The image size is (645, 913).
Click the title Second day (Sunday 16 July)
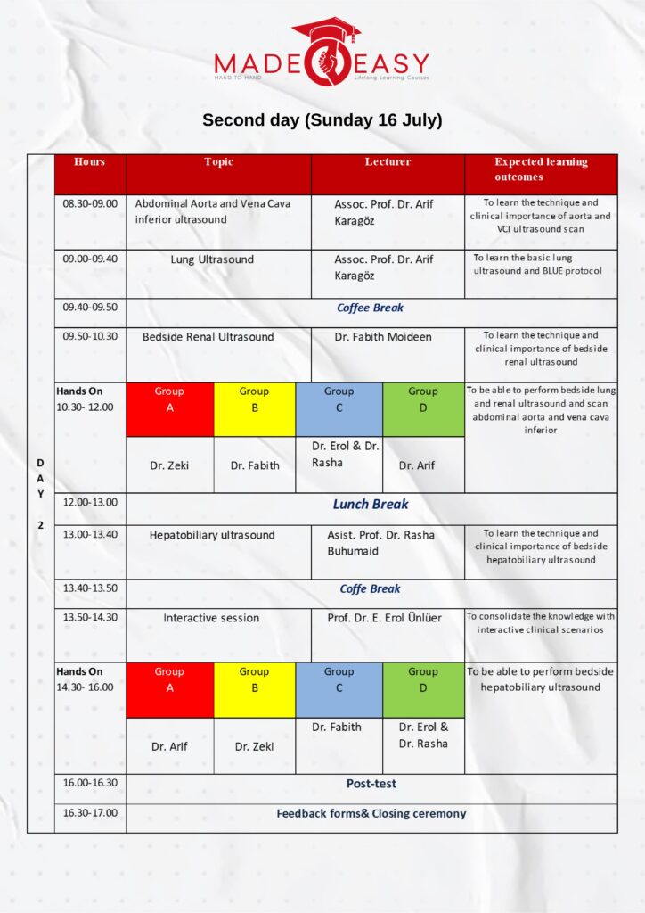[322, 120]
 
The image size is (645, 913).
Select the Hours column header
[89, 162]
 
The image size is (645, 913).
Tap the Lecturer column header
[388, 162]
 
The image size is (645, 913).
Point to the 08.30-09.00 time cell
[89, 203]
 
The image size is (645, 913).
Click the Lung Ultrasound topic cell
[212, 259]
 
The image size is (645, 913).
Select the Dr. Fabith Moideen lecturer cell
[383, 337]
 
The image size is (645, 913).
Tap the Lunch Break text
[371, 505]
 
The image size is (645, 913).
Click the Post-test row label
[371, 784]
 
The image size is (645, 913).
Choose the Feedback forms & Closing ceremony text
[371, 813]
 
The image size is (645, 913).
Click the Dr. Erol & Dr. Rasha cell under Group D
[423, 736]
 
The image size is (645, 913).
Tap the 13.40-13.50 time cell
[89, 588]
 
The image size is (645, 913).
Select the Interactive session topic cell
[211, 618]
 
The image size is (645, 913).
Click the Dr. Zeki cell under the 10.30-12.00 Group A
[169, 465]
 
